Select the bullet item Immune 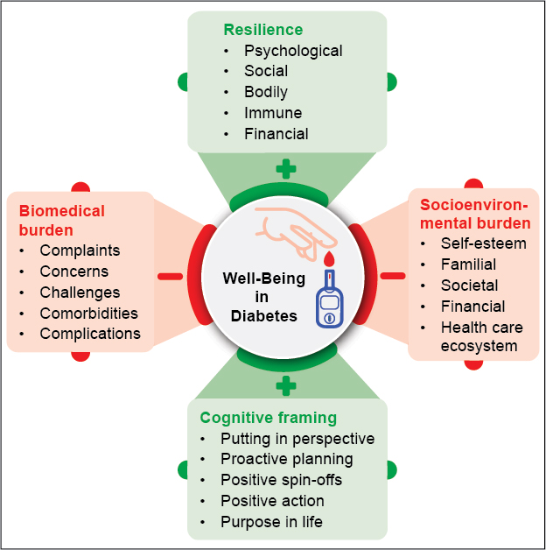273,113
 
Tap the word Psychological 293,51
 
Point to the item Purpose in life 271,522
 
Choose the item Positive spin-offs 281,480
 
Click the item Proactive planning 286,459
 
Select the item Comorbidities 89,313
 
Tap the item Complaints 80,250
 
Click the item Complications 90,334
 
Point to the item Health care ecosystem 482,336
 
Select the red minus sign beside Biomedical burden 170,277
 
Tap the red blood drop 330,259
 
